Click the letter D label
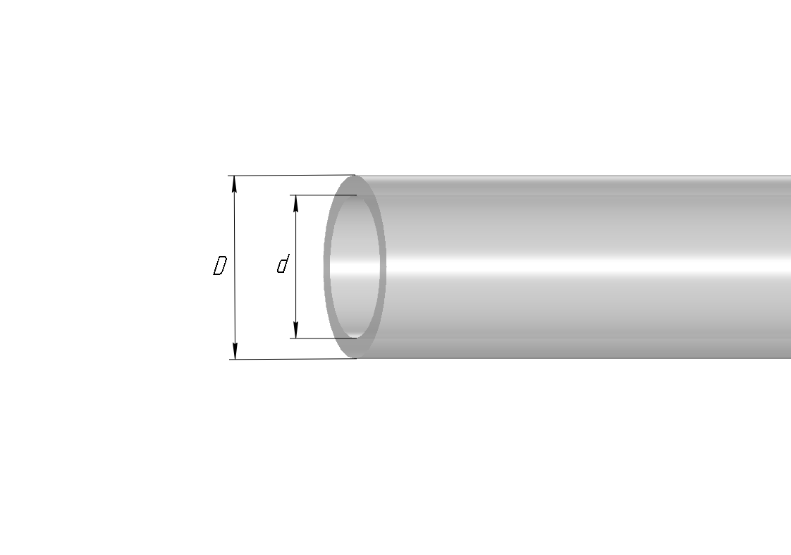click(220, 266)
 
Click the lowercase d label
click(283, 264)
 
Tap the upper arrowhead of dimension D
click(234, 184)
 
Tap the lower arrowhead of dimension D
click(235, 350)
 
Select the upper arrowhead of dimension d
click(296, 203)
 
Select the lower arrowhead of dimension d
click(296, 330)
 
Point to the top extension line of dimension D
click(292, 176)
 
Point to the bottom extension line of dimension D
click(293, 359)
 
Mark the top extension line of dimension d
click(323, 195)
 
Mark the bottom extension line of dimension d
click(323, 338)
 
